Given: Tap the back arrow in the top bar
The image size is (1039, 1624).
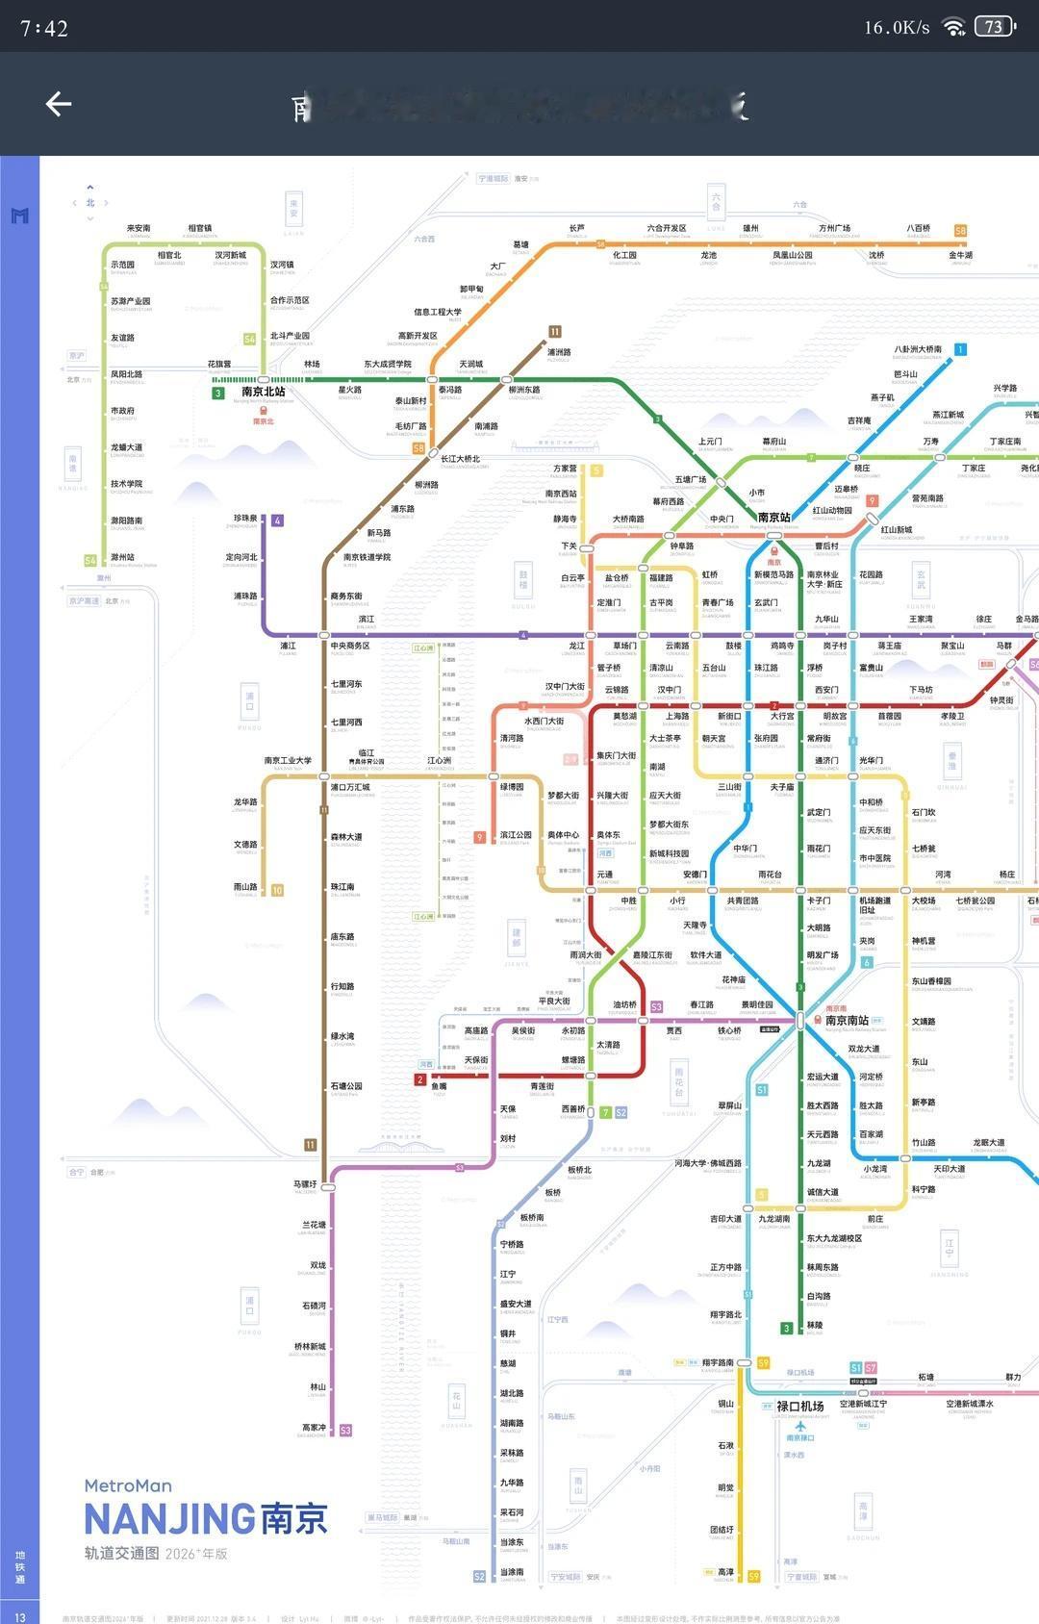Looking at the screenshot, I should [x=59, y=104].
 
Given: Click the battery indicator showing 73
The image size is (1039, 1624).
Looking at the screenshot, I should [x=995, y=26].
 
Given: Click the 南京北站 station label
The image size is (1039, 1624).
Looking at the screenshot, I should [x=263, y=392].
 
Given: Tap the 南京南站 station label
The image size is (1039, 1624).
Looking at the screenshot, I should [x=847, y=1020].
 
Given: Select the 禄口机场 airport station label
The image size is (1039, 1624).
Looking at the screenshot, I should [x=799, y=1406].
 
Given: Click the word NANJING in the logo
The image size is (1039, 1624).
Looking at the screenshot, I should [x=169, y=1519].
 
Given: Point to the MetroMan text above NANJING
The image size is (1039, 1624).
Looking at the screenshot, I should [x=128, y=1485].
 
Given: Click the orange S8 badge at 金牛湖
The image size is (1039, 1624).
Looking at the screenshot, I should [x=960, y=231].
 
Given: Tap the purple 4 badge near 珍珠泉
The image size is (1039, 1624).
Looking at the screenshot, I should [x=277, y=520].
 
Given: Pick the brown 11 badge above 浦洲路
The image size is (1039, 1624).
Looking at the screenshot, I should [x=554, y=332].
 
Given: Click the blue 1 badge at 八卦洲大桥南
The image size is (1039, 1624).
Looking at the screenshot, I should [x=960, y=349].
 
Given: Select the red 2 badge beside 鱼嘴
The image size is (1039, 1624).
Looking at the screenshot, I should [x=419, y=1079].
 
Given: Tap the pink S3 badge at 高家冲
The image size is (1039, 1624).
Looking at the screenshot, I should [x=345, y=1431].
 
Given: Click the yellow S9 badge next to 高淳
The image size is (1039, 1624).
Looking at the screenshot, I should [x=753, y=1576].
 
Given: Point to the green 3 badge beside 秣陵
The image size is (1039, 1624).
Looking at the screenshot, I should [x=786, y=1329].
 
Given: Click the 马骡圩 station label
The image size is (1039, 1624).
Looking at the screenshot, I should [x=305, y=1184].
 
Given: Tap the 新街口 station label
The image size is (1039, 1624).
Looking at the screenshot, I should [x=729, y=716].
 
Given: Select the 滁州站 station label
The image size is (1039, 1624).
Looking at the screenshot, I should [x=122, y=557].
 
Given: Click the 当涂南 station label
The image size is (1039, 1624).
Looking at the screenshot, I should [x=512, y=1572].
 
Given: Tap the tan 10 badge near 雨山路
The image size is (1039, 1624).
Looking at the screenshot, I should [x=277, y=890].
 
